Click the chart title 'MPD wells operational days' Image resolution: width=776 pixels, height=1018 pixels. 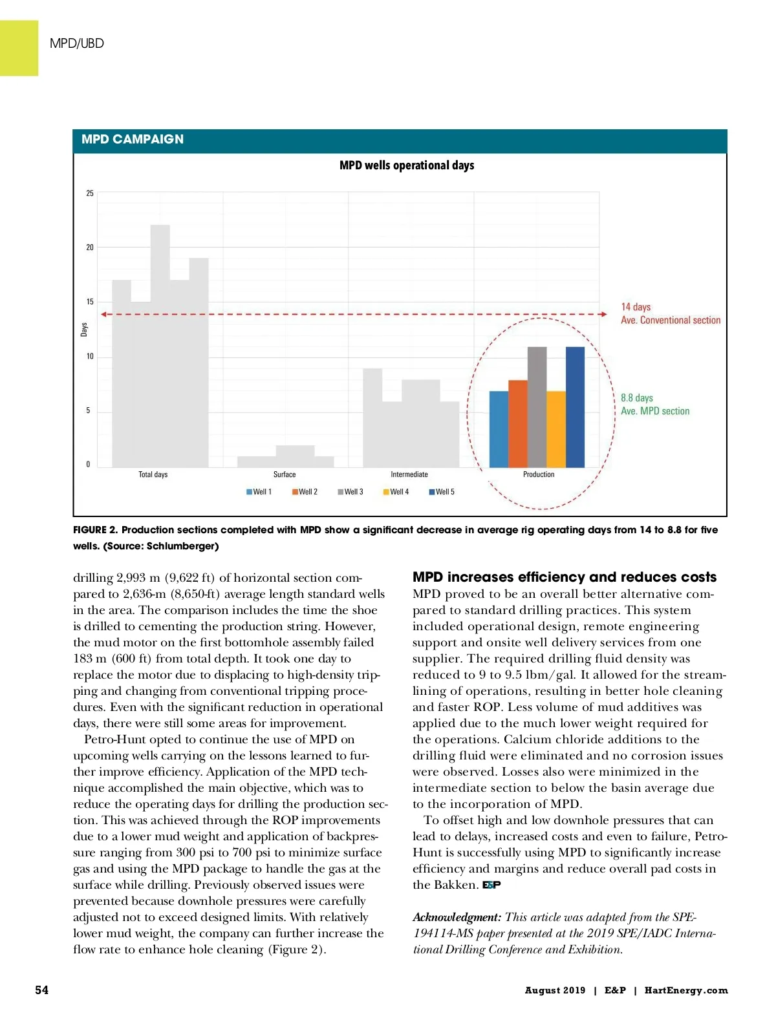pyautogui.click(x=407, y=165)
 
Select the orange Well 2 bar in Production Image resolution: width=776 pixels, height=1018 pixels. pyautogui.click(x=518, y=424)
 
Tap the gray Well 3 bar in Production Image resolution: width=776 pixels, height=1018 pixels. pyautogui.click(x=537, y=407)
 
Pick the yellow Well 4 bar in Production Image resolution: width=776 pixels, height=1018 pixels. pyautogui.click(x=556, y=429)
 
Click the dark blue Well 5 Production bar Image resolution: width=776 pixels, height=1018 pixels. pyautogui.click(x=575, y=407)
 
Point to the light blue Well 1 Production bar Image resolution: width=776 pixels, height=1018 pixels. pyautogui.click(x=499, y=429)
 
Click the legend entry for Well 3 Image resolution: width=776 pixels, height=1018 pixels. pyautogui.click(x=350, y=492)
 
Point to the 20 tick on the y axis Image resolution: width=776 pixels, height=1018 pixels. pyautogui.click(x=90, y=248)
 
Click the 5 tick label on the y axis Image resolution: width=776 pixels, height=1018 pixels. pyautogui.click(x=89, y=410)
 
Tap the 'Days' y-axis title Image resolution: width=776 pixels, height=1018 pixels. pyautogui.click(x=84, y=330)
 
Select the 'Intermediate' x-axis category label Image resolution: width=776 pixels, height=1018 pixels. pyautogui.click(x=409, y=474)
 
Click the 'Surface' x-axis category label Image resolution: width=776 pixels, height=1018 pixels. pyautogui.click(x=285, y=474)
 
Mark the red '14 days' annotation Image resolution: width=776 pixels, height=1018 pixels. pyautogui.click(x=636, y=307)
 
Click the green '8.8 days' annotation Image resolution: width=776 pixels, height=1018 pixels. pyautogui.click(x=637, y=398)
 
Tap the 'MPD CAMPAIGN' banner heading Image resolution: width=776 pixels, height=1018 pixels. pyautogui.click(x=133, y=140)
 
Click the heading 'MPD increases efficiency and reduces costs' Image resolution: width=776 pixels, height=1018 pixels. pyautogui.click(x=565, y=577)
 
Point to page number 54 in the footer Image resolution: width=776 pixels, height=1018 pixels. pyautogui.click(x=41, y=990)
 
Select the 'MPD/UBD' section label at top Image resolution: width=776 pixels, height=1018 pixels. pyautogui.click(x=77, y=43)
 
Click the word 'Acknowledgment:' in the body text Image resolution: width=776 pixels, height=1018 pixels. pyautogui.click(x=457, y=917)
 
